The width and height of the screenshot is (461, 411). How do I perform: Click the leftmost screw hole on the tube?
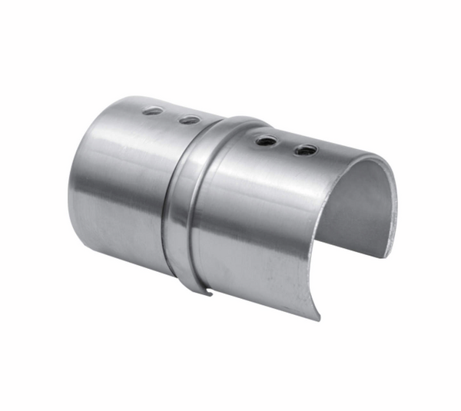tap(153, 111)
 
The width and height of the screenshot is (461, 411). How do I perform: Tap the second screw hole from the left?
tap(188, 120)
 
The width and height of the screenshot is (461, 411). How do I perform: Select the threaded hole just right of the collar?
tap(267, 141)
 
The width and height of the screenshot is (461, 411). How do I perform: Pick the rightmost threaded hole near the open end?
tap(305, 149)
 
